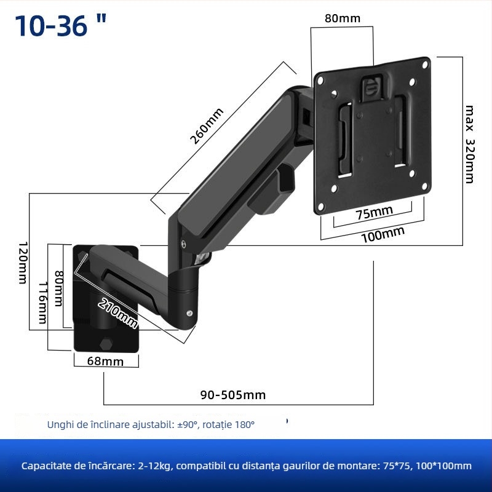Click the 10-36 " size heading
[x=60, y=26]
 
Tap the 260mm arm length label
[x=207, y=126]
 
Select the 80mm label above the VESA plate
[x=342, y=18]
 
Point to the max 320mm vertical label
[x=470, y=144]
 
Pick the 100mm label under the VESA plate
[x=383, y=234]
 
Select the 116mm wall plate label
[x=42, y=303]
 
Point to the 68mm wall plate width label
[x=105, y=361]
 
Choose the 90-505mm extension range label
[x=233, y=394]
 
